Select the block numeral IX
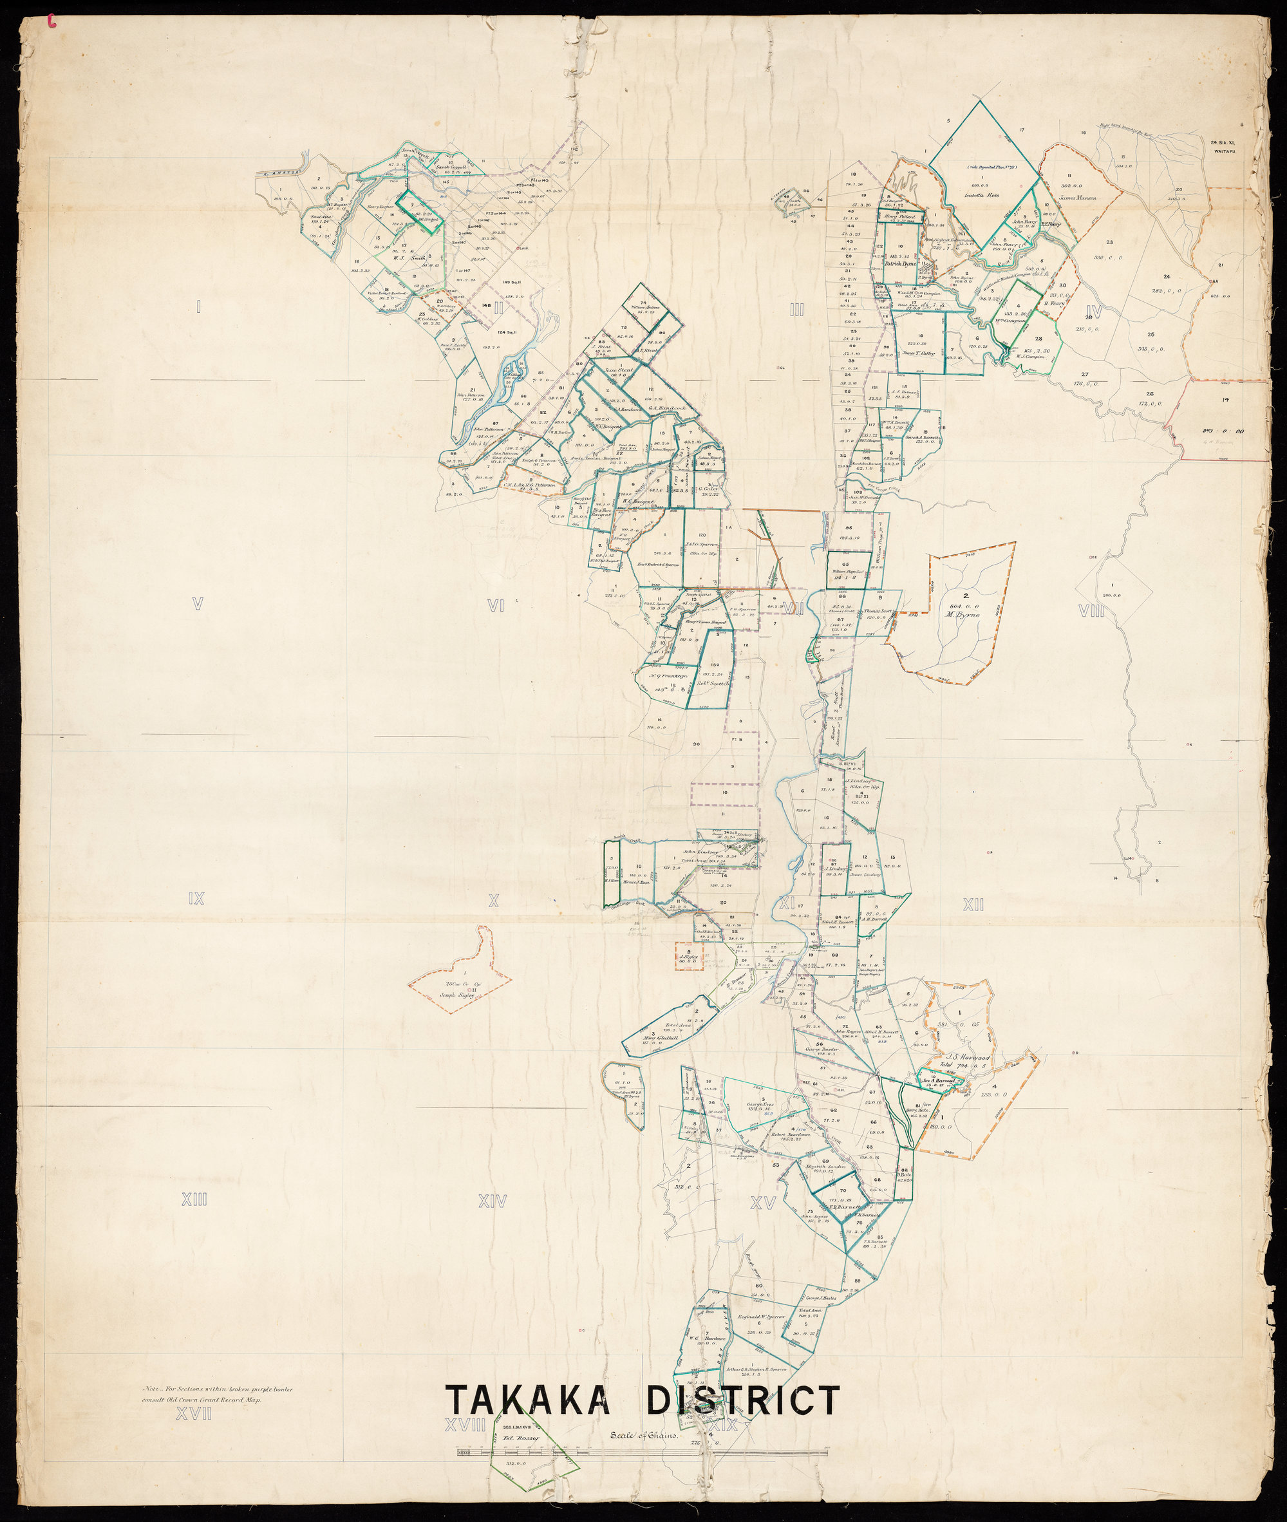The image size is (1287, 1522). click(x=196, y=899)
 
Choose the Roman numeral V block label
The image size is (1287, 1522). click(x=196, y=603)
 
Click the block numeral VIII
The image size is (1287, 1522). click(x=1092, y=611)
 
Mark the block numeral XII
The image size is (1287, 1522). click(x=973, y=905)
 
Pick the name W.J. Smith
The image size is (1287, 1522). click(x=409, y=256)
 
